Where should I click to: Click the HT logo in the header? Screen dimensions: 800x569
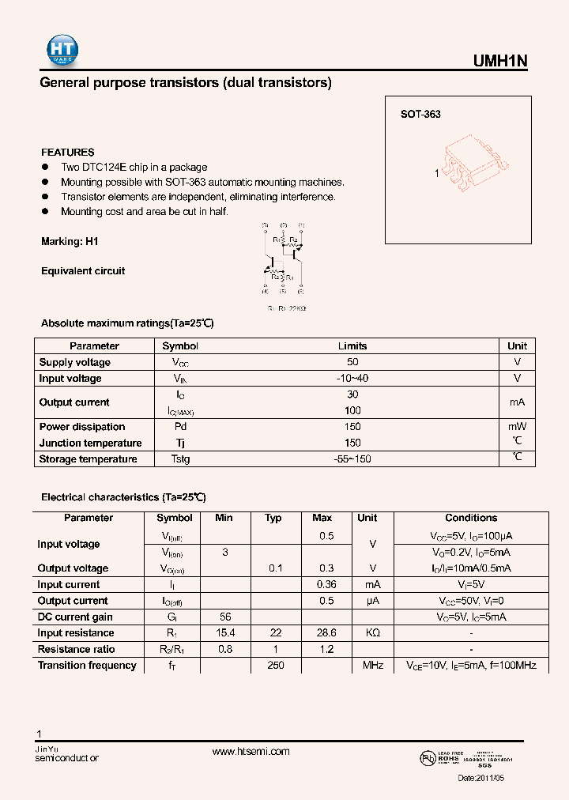point(60,49)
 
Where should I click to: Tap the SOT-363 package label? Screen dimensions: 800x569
point(420,114)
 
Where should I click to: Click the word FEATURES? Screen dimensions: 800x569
point(68,152)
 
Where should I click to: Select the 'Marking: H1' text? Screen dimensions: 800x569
point(70,241)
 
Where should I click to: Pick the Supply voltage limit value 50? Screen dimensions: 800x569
point(352,362)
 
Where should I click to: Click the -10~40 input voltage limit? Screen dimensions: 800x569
point(352,378)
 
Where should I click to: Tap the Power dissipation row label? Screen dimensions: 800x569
point(82,427)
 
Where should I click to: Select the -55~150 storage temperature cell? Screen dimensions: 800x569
point(352,458)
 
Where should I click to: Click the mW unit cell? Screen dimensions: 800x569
point(517,427)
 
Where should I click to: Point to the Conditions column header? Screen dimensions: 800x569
point(471,518)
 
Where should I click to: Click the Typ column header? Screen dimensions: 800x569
point(273,518)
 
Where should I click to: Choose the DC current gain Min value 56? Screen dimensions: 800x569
point(224,617)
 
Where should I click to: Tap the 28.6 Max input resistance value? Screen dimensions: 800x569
point(322,632)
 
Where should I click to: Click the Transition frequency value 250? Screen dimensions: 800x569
point(273,665)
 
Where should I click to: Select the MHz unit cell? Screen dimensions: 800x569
point(373,665)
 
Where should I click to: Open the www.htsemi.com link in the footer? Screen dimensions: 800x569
point(251,752)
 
